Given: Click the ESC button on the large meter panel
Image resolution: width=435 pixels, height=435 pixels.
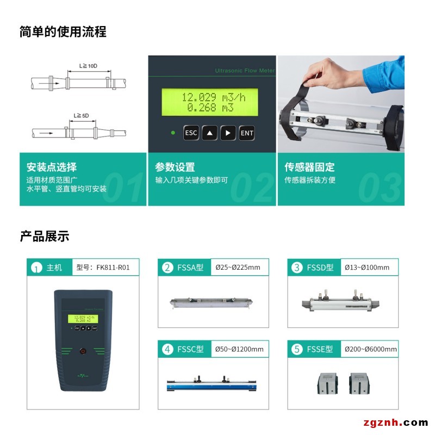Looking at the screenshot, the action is click(x=191, y=133).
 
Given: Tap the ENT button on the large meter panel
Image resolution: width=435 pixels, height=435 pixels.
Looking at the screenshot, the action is click(x=247, y=133).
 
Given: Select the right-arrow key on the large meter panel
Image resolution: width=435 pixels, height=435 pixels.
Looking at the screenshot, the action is click(x=228, y=133).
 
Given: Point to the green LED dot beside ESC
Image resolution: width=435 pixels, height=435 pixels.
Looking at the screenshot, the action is click(x=173, y=133).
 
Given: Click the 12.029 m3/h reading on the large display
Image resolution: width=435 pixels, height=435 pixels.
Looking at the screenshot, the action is click(x=214, y=97).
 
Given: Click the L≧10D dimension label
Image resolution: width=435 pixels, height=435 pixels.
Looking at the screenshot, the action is click(x=88, y=66).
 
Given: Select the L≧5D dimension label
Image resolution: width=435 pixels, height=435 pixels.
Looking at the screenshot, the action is click(x=81, y=115).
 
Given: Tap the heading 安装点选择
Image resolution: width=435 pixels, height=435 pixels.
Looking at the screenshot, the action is click(x=52, y=167).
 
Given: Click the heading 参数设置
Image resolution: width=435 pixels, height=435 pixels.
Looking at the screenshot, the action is click(x=175, y=167).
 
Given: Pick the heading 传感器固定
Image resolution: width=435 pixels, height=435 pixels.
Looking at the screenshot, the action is click(x=309, y=167).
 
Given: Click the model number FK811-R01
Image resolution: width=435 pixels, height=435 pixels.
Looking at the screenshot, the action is click(x=113, y=268).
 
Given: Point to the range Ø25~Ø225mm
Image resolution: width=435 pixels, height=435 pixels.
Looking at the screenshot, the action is click(x=238, y=268).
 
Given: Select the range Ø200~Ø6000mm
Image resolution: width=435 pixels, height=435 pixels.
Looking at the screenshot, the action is click(x=371, y=349).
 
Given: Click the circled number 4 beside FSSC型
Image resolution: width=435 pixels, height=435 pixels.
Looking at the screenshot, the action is click(x=167, y=349).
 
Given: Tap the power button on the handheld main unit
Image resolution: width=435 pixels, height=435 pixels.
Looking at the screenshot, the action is click(x=83, y=351).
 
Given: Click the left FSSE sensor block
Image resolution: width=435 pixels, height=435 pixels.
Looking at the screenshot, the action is click(x=328, y=383).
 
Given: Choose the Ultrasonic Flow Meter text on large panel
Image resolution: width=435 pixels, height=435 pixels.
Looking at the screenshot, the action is click(x=245, y=71).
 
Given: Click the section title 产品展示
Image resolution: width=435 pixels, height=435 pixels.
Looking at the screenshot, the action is click(x=45, y=237).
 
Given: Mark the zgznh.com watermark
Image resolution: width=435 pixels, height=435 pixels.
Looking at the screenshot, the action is click(x=396, y=422).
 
